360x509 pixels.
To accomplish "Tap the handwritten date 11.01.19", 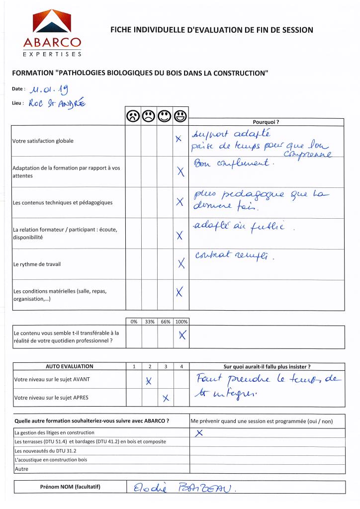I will [x=49, y=90].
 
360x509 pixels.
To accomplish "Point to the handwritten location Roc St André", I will [x=57, y=103].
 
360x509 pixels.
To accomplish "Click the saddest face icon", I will [x=133, y=117].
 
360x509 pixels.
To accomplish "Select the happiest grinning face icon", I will [x=181, y=117].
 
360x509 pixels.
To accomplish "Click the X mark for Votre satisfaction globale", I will [x=178, y=140].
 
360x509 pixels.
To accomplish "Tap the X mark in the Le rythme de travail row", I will [x=181, y=263].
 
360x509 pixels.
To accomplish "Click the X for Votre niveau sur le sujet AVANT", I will [x=148, y=381].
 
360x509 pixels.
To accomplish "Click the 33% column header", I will [x=149, y=322].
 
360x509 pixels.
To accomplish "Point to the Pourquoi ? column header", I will [x=266, y=122].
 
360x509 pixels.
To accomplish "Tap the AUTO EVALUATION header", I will [x=69, y=366].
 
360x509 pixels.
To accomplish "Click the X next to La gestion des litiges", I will [x=199, y=433].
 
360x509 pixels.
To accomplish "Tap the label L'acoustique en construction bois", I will [x=51, y=460].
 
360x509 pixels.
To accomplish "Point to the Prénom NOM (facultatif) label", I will [x=70, y=487].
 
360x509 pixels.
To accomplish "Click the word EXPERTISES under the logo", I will [x=52, y=53].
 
